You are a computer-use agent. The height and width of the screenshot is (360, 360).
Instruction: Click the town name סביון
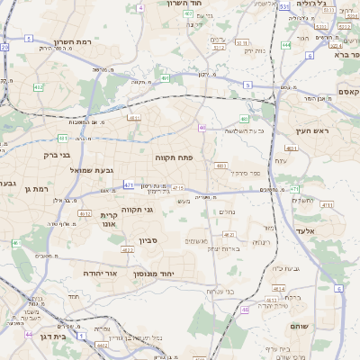tap(148, 241)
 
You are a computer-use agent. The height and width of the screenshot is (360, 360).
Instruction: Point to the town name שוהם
tap(321, 327)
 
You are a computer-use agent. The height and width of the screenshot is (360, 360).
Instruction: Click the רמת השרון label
tap(75, 42)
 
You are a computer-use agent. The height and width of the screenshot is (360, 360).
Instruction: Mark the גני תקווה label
tap(161, 210)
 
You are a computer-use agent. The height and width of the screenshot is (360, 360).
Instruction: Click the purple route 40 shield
tap(203, 127)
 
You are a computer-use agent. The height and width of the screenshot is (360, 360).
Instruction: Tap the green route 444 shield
tap(285, 44)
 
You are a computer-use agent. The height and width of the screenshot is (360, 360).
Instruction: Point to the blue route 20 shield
tap(4, 47)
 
